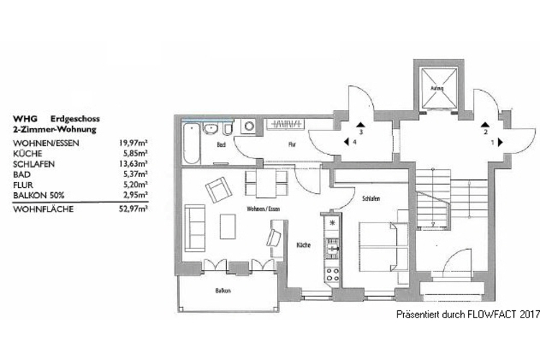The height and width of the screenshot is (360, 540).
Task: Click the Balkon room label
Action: pos(221,292)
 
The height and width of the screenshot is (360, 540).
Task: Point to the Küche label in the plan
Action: pos(303,246)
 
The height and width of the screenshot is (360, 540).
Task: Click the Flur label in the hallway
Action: pos(292,144)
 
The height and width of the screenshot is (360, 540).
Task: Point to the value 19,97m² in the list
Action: pos(134,143)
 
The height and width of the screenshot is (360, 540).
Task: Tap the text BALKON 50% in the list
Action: pos(40,194)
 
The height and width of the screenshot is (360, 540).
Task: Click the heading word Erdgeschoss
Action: pos(75,117)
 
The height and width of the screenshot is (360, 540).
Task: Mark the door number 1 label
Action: pos(492,143)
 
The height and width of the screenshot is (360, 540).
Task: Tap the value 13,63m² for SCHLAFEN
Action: pos(134,163)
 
